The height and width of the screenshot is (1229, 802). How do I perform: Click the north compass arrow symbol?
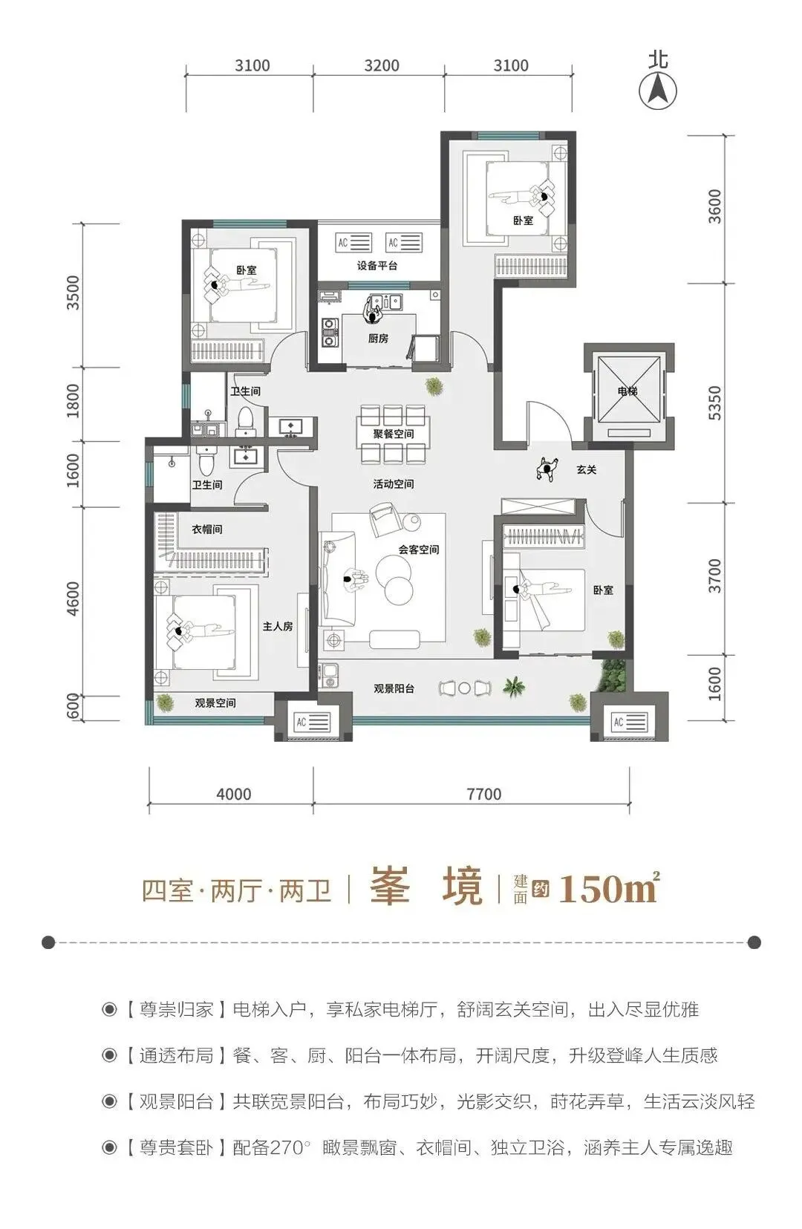pos(658,91)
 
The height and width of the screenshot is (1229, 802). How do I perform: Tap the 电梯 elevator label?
pos(627,391)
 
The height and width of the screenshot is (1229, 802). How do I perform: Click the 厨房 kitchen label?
pos(378,339)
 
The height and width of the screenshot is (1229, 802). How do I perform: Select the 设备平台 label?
pos(377,266)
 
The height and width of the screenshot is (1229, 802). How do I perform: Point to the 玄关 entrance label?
pos(587,470)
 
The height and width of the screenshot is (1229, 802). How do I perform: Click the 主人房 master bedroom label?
pos(277,626)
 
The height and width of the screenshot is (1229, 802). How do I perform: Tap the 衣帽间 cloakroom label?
pos(206,529)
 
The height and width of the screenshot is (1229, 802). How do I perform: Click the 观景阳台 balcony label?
pos(394,688)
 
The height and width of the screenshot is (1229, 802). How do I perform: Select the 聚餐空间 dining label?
pos(394,434)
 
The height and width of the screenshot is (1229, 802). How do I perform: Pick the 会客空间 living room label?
pos(418,550)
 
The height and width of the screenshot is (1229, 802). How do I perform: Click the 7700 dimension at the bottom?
pos(484,794)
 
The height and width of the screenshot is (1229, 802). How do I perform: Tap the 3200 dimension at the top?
pos(382,65)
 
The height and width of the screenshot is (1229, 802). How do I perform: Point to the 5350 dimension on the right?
pos(714,403)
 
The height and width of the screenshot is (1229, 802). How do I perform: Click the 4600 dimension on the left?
pos(73,599)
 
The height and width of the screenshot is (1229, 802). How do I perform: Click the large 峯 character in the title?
pos(391,887)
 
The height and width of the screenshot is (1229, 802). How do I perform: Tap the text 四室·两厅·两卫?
pos(236,890)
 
